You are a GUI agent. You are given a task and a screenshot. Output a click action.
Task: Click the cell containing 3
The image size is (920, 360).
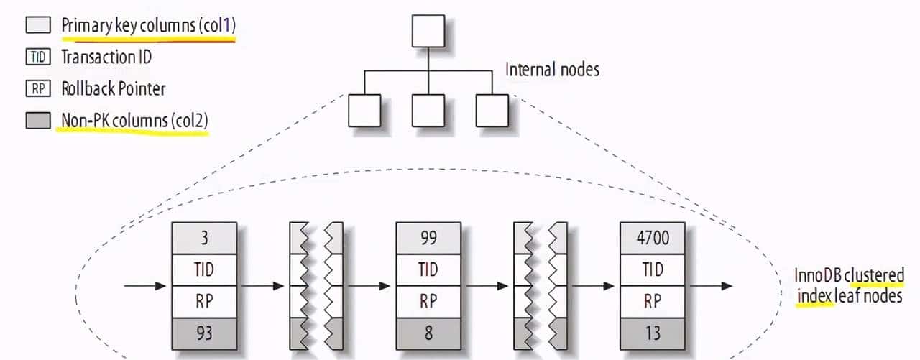click(x=203, y=236)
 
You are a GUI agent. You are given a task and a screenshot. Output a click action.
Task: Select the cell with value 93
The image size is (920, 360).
click(x=203, y=333)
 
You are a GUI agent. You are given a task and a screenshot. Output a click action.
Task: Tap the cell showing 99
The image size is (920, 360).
click(x=428, y=236)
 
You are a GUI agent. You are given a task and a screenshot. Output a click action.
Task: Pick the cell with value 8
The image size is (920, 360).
click(x=428, y=333)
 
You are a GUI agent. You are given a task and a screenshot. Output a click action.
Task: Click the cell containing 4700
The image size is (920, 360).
click(x=652, y=236)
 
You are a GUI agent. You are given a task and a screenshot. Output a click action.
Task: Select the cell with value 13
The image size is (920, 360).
click(x=652, y=333)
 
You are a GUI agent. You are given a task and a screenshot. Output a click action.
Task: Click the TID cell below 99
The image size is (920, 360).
click(x=428, y=269)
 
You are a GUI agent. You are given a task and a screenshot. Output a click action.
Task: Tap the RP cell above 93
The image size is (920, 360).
click(x=203, y=301)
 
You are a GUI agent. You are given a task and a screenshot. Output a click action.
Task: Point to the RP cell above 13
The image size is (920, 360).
click(x=652, y=301)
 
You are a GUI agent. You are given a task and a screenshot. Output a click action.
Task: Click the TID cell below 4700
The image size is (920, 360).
click(x=652, y=269)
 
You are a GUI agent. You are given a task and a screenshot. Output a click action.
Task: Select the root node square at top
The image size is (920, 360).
click(x=429, y=31)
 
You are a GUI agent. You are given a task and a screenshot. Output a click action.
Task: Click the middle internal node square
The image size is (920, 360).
click(x=429, y=110)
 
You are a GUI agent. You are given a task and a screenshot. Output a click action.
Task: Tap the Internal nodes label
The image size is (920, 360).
click(x=552, y=70)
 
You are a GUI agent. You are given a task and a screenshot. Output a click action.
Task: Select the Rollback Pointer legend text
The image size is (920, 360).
click(x=113, y=88)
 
